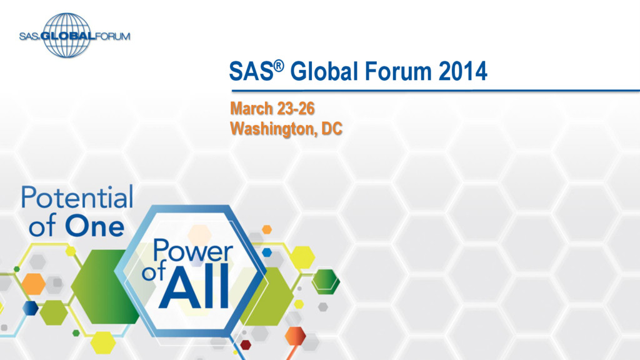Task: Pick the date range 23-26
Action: point(296,108)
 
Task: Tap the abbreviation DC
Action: point(332,129)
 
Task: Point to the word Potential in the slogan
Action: point(77,198)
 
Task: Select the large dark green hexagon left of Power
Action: point(104,287)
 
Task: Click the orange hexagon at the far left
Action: point(33,284)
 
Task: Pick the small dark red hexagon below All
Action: point(246,344)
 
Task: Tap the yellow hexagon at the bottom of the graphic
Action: point(104,341)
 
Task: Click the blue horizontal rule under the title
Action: point(431,91)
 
